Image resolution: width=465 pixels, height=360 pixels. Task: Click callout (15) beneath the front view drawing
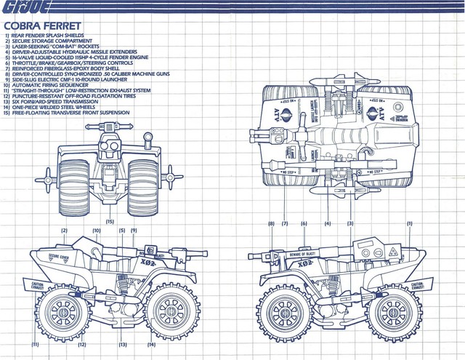110,220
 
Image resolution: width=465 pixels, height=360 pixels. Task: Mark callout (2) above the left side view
65,231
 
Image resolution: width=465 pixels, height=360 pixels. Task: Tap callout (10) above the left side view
96,231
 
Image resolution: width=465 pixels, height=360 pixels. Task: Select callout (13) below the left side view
123,344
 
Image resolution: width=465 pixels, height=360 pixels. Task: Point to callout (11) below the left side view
34,344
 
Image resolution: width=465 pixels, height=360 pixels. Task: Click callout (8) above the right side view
271,224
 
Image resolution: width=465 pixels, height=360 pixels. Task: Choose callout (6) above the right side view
304,224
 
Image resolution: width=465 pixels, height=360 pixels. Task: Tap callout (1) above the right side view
410,224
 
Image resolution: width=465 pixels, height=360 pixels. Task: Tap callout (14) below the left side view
152,344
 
